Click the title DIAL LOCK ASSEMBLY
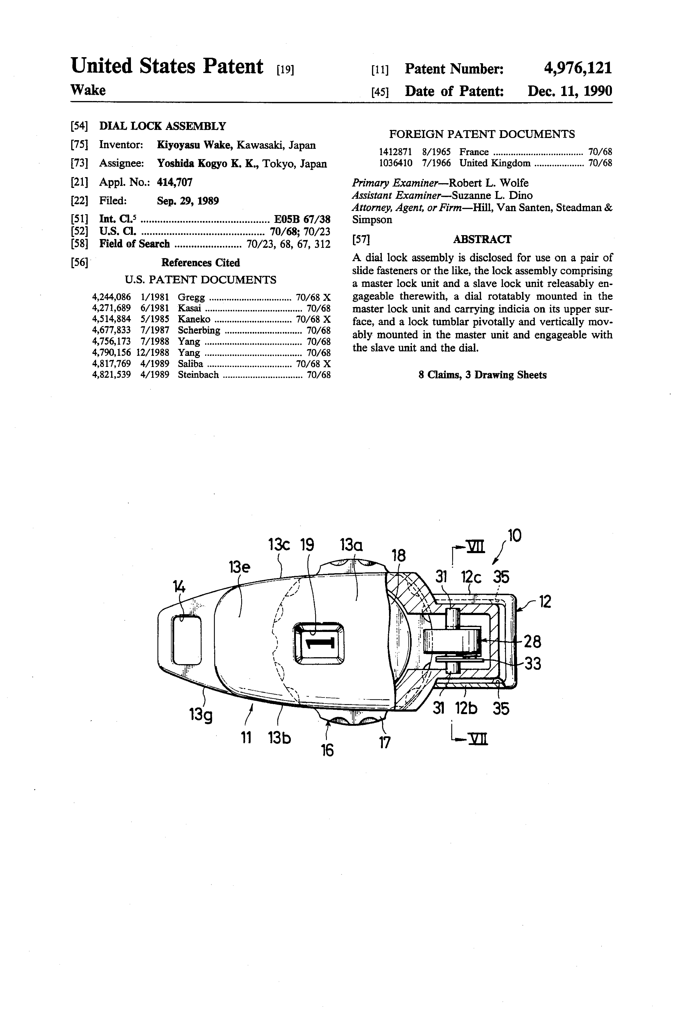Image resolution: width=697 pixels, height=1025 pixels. click(x=163, y=126)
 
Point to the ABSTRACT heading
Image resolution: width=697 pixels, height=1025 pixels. click(x=482, y=239)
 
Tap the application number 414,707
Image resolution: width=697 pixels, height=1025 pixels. click(x=175, y=182)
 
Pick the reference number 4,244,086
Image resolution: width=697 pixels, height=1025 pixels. click(x=111, y=297)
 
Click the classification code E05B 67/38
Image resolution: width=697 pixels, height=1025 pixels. click(x=302, y=219)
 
